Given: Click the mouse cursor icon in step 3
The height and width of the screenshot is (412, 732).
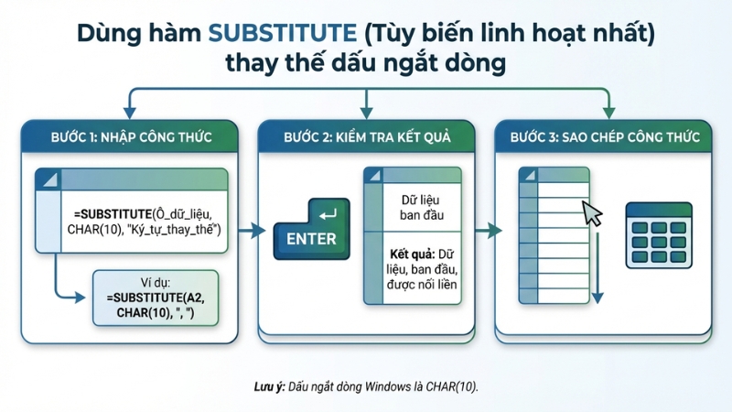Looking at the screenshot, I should tap(593, 214).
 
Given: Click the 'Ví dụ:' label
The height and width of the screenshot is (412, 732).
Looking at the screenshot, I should tap(156, 284).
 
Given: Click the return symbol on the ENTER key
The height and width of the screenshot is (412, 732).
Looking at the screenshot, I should tap(328, 215).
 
